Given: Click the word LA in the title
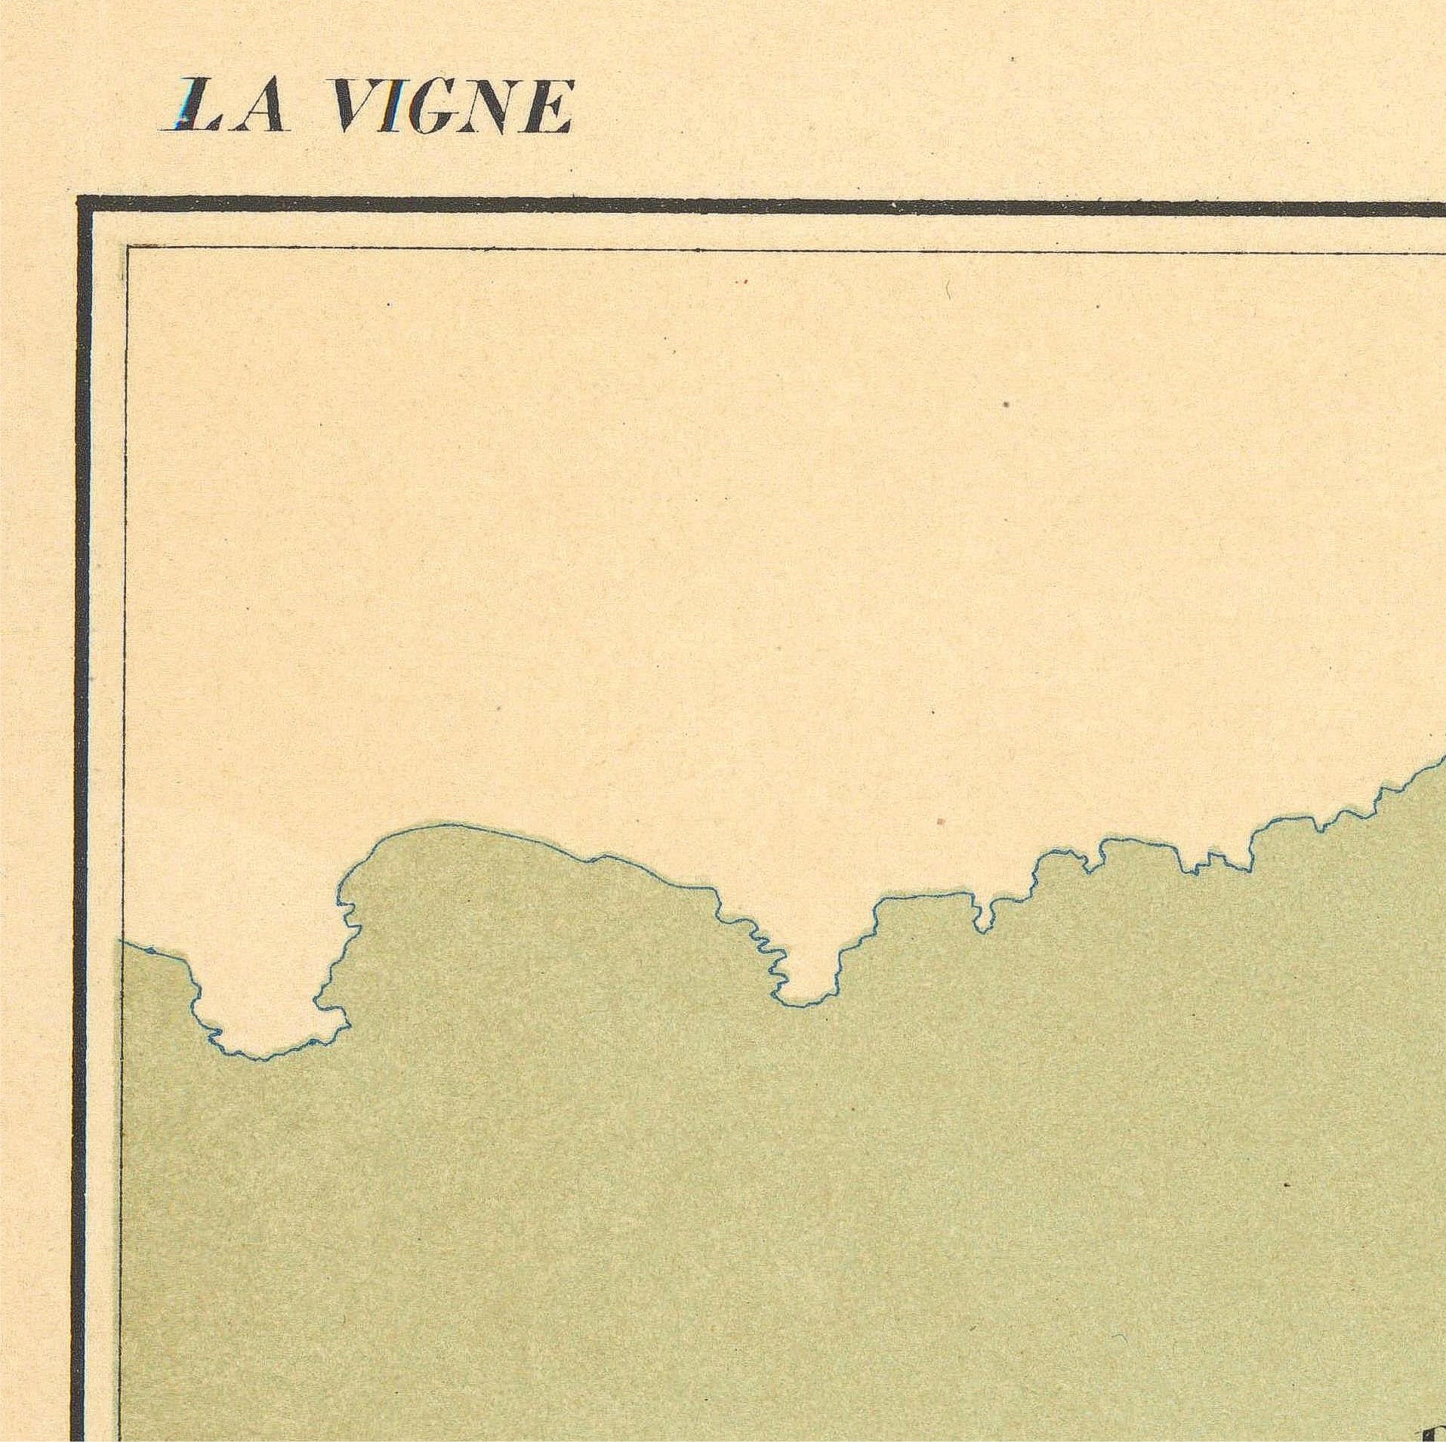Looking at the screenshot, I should coord(225,107).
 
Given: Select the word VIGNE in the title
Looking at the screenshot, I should coord(452,107).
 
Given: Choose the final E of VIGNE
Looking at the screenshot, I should coord(548,107).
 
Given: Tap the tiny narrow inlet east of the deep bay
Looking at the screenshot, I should coord(982,917).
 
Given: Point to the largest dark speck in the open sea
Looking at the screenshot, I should coord(1006,405).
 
